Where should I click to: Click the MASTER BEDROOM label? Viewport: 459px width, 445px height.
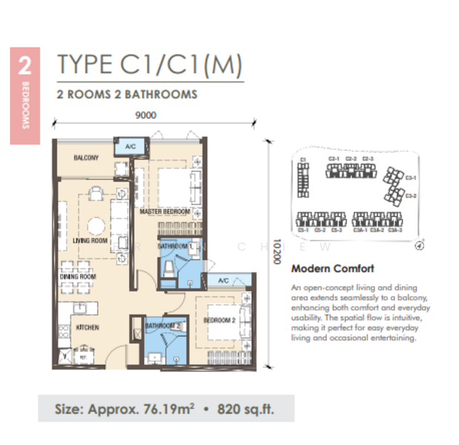click(164, 212)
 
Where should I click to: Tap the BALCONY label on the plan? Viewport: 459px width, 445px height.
click(86, 158)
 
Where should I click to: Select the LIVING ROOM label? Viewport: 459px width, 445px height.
click(90, 241)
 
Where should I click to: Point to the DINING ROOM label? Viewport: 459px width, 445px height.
click(78, 277)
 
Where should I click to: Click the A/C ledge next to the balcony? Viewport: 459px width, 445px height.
click(130, 146)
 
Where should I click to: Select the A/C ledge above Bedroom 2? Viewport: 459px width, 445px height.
click(224, 280)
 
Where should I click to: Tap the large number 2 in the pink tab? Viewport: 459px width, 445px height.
click(24, 66)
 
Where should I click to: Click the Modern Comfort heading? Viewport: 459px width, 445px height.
click(332, 268)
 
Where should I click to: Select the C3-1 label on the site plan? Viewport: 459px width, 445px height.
click(411, 178)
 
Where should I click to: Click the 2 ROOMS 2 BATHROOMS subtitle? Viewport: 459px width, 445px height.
click(127, 94)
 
